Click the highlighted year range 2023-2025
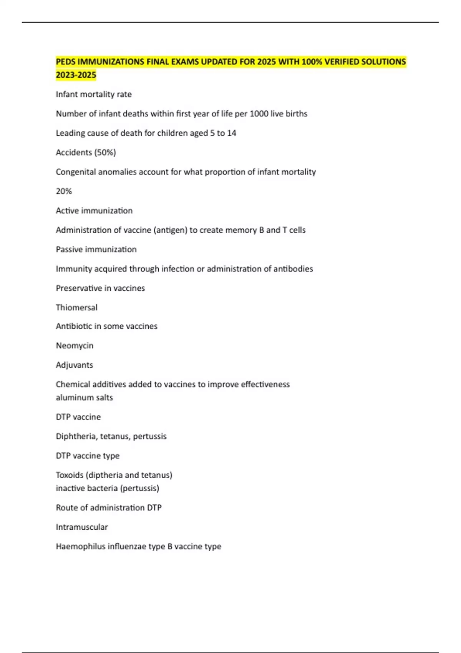pyautogui.click(x=76, y=75)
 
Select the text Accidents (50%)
pyautogui.click(x=86, y=152)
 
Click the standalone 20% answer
pyautogui.click(x=64, y=191)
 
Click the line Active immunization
pyautogui.click(x=94, y=210)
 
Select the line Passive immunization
pyautogui.click(x=96, y=249)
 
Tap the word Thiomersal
pyautogui.click(x=76, y=307)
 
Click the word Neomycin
pyautogui.click(x=75, y=346)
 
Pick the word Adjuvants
pyautogui.click(x=74, y=365)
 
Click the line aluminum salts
pyautogui.click(x=84, y=398)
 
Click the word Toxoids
pyautogui.click(x=70, y=475)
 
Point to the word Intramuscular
pyautogui.click(x=81, y=527)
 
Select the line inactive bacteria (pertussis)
pyautogui.click(x=107, y=488)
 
